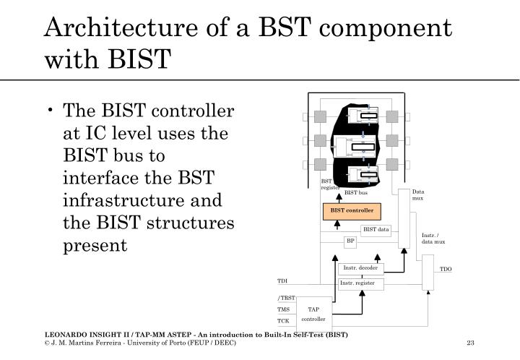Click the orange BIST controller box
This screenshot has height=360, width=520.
(352, 211)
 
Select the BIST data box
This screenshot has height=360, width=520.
(376, 230)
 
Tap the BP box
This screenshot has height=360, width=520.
(350, 241)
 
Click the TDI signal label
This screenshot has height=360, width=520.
(282, 281)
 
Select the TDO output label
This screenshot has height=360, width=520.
(446, 269)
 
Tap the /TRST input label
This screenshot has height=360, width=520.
(286, 299)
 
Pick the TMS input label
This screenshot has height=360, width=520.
(284, 309)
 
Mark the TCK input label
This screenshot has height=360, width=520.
(283, 321)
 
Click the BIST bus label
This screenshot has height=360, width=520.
(355, 193)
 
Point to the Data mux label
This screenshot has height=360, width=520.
(419, 194)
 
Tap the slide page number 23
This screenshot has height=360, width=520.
(470, 342)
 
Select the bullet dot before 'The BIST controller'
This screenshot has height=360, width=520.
(54, 111)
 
